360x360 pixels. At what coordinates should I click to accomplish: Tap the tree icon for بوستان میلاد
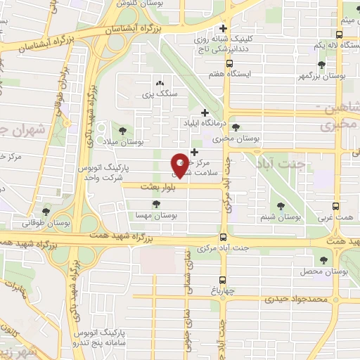tap(123, 131)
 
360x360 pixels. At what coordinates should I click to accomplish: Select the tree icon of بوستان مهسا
tap(156, 204)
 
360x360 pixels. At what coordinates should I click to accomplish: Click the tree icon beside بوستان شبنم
tap(281, 206)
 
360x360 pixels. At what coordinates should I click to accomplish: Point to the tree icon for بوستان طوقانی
tap(46, 211)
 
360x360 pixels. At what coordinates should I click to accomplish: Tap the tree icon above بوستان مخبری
tap(236, 127)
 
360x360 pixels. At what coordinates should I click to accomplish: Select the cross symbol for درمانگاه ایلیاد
tap(205, 112)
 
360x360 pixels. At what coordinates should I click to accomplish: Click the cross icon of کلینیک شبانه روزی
tap(224, 30)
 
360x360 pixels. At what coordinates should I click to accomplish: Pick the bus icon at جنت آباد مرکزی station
tap(223, 237)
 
